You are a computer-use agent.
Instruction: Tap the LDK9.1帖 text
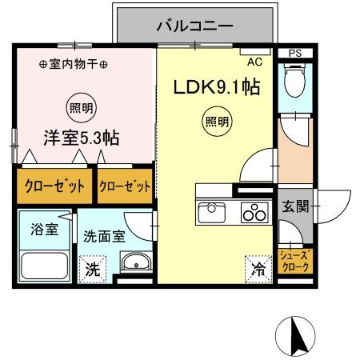[x=217, y=87]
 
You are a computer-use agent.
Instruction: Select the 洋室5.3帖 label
[x=80, y=138]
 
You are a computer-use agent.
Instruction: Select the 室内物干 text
[x=74, y=64]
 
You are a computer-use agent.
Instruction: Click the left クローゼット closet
[x=52, y=186]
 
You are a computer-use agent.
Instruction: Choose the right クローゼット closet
[x=124, y=186]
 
